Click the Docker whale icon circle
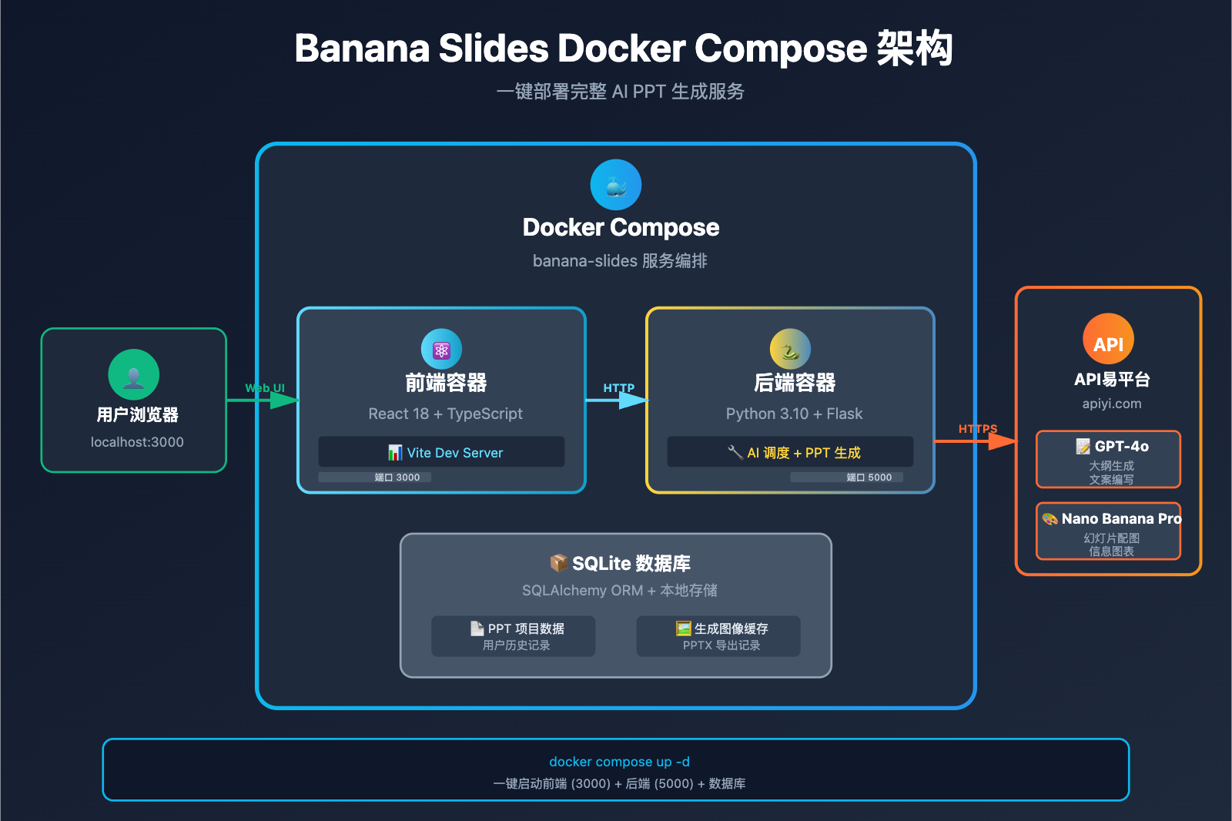click(615, 185)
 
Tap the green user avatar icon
click(133, 375)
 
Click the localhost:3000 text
click(137, 442)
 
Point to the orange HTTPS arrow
click(976, 441)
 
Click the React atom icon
click(441, 350)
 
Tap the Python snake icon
click(790, 350)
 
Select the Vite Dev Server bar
click(441, 452)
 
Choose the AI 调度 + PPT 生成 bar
click(790, 452)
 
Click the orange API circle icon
click(1108, 340)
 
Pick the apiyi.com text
click(1111, 404)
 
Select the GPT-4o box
click(1108, 459)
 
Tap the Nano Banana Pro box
click(1108, 531)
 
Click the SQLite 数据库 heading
click(620, 563)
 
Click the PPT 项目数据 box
click(513, 636)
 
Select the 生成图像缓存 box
click(718, 636)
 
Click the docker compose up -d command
click(619, 762)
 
